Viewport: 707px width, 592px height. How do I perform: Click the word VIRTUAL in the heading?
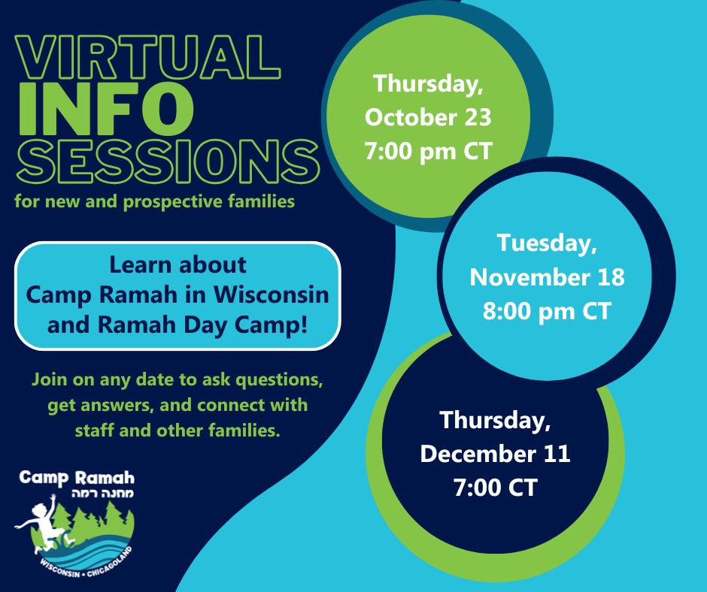148,58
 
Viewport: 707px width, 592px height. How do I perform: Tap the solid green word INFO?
105,110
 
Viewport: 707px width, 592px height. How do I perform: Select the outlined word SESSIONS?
168,162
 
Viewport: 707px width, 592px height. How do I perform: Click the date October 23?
428,117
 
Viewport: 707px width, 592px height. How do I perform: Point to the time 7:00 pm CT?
428,151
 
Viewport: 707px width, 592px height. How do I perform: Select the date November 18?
547,276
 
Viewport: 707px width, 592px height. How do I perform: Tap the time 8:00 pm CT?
547,311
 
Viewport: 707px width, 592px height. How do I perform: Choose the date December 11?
495,454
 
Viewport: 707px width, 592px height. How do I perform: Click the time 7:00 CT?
495,488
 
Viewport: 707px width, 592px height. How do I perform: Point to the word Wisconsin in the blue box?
271,294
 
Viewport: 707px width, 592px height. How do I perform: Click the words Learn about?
178,264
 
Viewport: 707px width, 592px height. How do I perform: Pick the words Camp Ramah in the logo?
77,479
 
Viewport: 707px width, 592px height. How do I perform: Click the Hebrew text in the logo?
103,493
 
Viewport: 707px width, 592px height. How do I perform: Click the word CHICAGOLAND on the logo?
109,563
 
